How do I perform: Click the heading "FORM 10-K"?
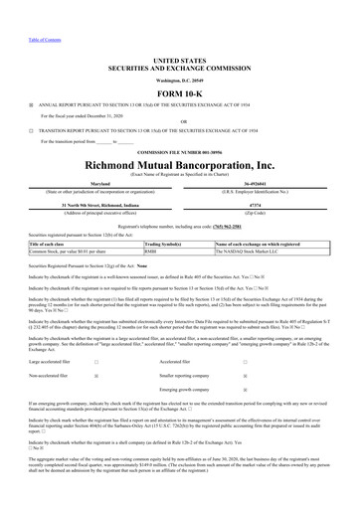180,84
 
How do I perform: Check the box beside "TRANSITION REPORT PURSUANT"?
31,129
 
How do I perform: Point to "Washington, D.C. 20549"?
180,69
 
